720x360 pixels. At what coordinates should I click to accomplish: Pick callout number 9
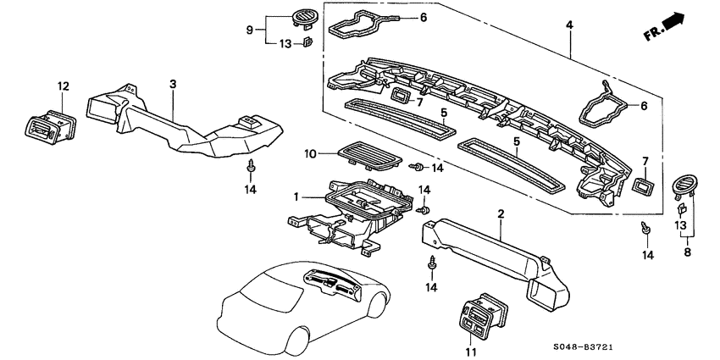coord(250,30)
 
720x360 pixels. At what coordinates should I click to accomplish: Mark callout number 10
coord(310,153)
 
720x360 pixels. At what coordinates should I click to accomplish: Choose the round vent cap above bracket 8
coord(684,184)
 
